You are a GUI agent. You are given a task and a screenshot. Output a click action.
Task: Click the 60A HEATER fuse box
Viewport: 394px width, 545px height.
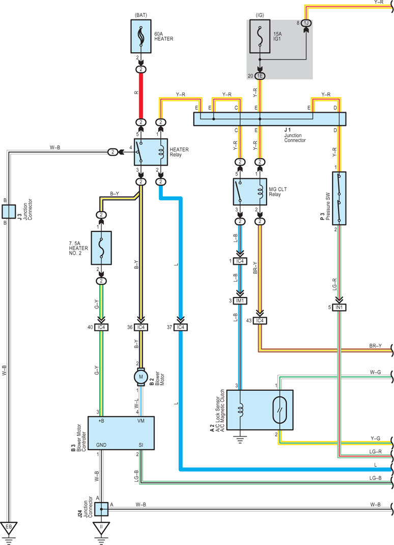click(140, 36)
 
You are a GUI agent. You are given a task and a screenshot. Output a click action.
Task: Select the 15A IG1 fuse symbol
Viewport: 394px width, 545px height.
click(260, 36)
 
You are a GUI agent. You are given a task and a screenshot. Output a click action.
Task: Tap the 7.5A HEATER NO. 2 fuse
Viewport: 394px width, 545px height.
click(101, 248)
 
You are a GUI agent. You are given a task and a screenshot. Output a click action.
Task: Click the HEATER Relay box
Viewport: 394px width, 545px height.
click(151, 152)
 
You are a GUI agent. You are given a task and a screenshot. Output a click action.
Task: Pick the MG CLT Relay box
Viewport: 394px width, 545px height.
click(250, 192)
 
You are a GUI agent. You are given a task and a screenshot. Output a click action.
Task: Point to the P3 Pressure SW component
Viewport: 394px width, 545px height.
click(339, 198)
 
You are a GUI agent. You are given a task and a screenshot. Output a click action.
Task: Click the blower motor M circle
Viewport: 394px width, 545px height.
click(140, 377)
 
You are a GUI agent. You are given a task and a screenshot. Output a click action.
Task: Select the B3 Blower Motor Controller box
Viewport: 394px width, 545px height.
click(121, 433)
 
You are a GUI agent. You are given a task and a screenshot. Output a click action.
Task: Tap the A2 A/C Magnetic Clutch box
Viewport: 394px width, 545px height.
click(260, 410)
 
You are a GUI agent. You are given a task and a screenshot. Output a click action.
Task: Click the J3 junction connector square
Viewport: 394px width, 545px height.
click(9, 211)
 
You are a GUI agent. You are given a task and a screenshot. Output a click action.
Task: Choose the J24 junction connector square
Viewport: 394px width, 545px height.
click(101, 509)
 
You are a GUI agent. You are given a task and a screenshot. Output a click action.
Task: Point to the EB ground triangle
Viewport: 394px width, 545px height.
click(9, 528)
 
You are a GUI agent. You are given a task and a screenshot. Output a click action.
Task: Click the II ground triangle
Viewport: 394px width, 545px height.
click(101, 528)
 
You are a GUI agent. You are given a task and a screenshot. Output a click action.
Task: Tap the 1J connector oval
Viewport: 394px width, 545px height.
click(306, 23)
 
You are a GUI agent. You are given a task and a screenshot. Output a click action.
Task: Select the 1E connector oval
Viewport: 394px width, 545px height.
click(260, 76)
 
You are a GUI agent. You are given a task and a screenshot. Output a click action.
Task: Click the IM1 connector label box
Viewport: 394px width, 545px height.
click(240, 301)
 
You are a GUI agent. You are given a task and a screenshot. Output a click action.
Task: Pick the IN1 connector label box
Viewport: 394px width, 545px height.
click(340, 307)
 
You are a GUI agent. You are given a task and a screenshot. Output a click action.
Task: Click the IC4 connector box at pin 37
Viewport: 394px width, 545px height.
click(181, 327)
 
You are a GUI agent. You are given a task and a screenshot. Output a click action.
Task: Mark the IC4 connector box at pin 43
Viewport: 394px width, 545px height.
click(260, 320)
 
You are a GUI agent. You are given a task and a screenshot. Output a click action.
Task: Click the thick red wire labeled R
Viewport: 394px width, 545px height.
click(141, 96)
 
